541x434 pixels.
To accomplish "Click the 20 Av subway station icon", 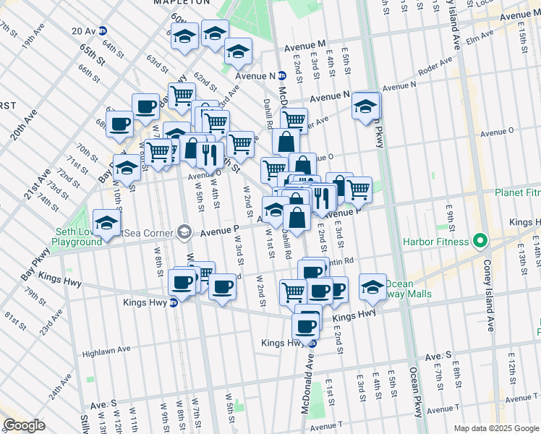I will (x=103, y=31).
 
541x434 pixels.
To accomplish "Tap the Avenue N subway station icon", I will (x=282, y=75).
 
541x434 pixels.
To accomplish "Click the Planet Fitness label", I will (x=517, y=193).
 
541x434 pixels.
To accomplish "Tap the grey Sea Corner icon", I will (x=185, y=232).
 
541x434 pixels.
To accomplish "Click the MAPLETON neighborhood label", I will (x=177, y=3).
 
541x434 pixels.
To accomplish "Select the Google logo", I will (x=24, y=425).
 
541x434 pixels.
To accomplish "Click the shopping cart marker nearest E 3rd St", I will (x=358, y=190).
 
